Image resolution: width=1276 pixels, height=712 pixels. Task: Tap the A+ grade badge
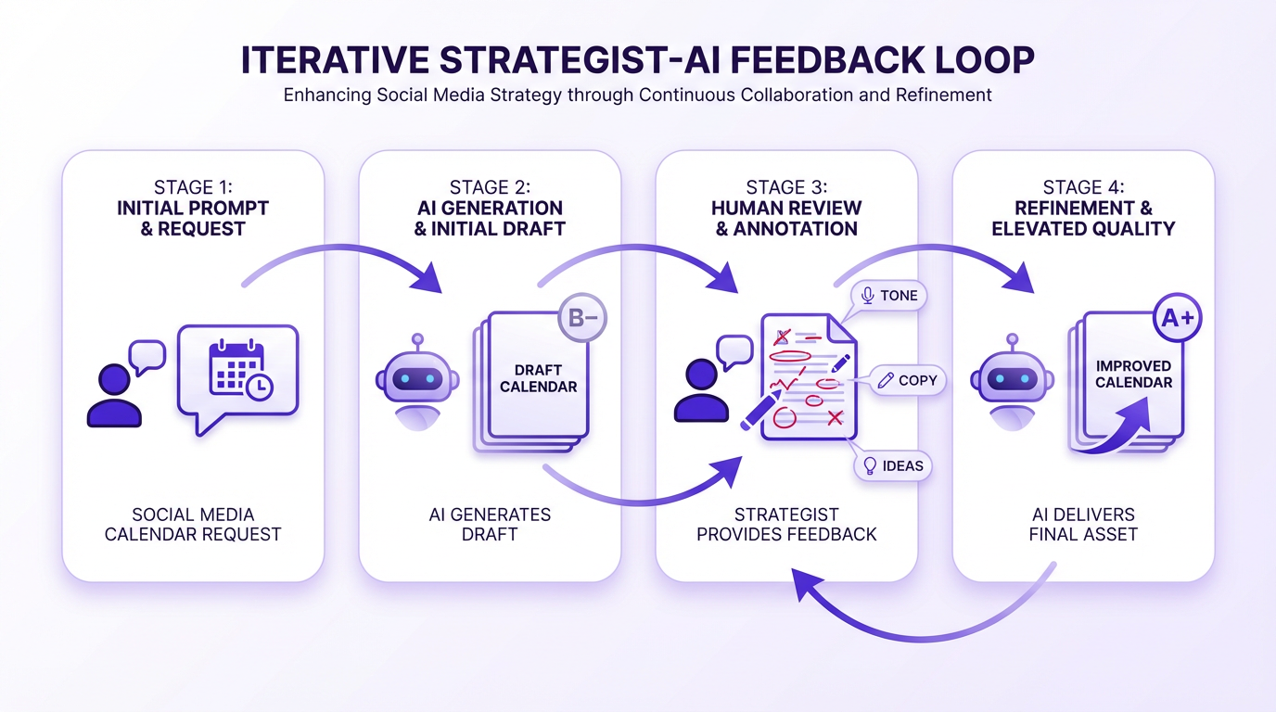point(1177,318)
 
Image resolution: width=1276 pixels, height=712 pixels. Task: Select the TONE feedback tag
point(888,296)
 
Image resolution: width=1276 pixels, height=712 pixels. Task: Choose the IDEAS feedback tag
point(892,465)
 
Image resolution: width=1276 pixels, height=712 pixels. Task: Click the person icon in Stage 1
point(114,394)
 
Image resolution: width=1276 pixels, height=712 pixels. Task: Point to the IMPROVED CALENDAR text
point(1133,374)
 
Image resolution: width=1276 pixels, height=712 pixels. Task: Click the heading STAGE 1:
point(192,187)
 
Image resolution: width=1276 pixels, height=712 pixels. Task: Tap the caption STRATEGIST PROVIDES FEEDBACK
point(786,524)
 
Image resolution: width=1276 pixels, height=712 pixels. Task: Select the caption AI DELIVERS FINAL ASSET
point(1083,524)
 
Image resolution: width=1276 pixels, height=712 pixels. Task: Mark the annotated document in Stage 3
point(807,375)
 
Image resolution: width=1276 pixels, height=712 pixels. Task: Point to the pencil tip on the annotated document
point(744,427)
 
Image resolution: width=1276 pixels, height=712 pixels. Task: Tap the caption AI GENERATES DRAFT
point(490,524)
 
